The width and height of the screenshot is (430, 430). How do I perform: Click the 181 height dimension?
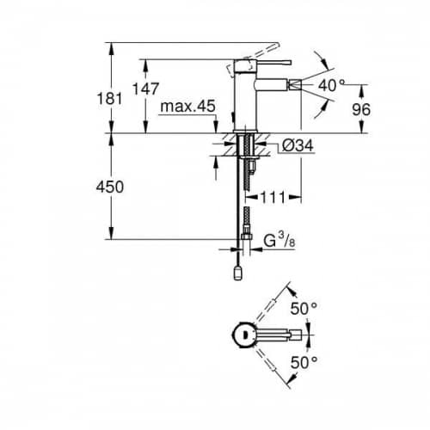tap(109, 98)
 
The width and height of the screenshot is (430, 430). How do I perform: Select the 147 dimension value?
tap(145, 89)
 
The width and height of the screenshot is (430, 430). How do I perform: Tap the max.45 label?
tap(187, 106)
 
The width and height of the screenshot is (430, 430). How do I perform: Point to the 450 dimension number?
tap(110, 187)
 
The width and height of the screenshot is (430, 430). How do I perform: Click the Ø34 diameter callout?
tap(298, 145)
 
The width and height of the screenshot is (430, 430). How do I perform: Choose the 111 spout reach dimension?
tap(273, 197)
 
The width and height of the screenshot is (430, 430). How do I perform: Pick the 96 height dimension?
tap(361, 109)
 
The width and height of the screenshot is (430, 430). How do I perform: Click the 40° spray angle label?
tap(331, 85)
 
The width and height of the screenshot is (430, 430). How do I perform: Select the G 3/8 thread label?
tap(279, 240)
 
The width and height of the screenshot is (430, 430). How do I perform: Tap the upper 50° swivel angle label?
tap(304, 309)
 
